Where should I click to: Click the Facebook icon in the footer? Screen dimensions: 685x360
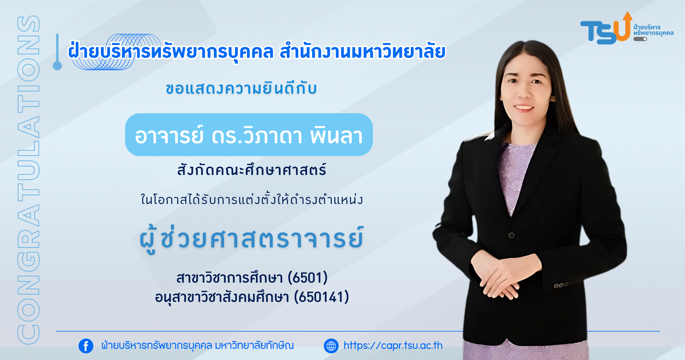(86, 346)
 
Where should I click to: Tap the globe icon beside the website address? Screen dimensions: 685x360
(331, 346)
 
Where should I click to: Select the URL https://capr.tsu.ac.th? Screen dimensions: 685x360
(393, 346)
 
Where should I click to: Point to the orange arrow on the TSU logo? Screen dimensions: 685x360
(625, 26)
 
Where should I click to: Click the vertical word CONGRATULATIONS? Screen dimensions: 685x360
(28, 180)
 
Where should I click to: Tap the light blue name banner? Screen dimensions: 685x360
(249, 135)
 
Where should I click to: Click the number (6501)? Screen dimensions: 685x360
(308, 278)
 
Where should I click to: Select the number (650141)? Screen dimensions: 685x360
(322, 297)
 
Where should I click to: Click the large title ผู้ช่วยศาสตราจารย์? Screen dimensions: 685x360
(251, 239)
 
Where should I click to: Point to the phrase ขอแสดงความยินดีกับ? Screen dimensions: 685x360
(241, 88)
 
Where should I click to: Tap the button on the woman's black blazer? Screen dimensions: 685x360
(511, 235)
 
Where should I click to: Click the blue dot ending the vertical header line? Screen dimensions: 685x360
(57, 66)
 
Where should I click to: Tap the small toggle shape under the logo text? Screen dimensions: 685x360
(640, 39)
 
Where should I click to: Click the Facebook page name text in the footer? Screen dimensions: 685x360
(198, 345)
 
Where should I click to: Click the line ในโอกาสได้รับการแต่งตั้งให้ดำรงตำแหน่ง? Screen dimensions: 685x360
(251, 199)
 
